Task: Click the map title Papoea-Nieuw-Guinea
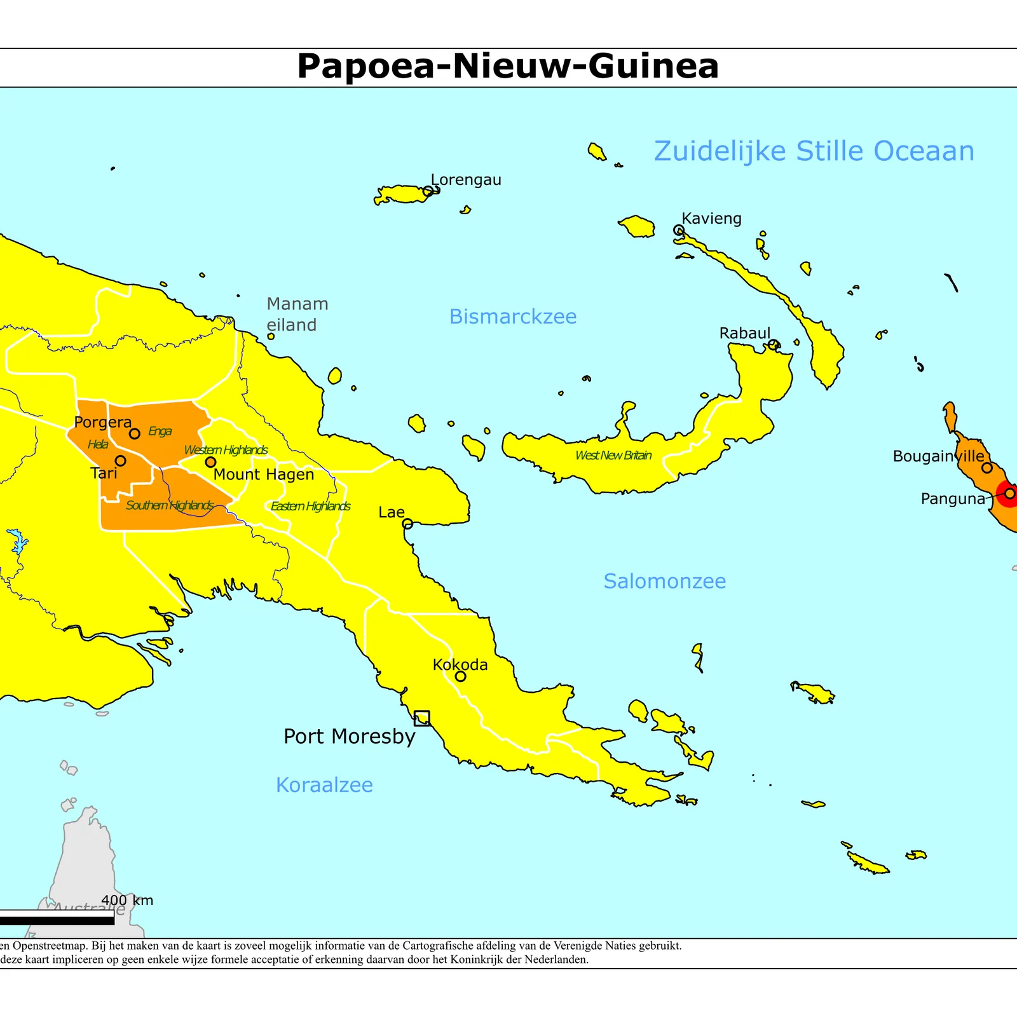click(508, 66)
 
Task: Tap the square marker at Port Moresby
click(421, 718)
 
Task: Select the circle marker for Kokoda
click(460, 676)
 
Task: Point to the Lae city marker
click(407, 524)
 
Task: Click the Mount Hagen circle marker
click(210, 462)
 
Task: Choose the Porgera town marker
click(135, 433)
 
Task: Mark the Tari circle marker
click(120, 460)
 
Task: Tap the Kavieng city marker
click(679, 229)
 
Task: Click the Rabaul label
click(744, 333)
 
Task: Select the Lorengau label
click(466, 180)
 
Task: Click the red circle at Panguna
click(1009, 493)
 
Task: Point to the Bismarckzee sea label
click(513, 317)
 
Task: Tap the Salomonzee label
click(664, 581)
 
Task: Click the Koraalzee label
click(324, 785)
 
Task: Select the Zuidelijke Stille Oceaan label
click(814, 151)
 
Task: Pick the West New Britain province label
click(613, 455)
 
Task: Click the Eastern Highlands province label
click(310, 506)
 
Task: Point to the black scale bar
click(57, 917)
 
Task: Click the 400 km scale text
click(127, 900)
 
